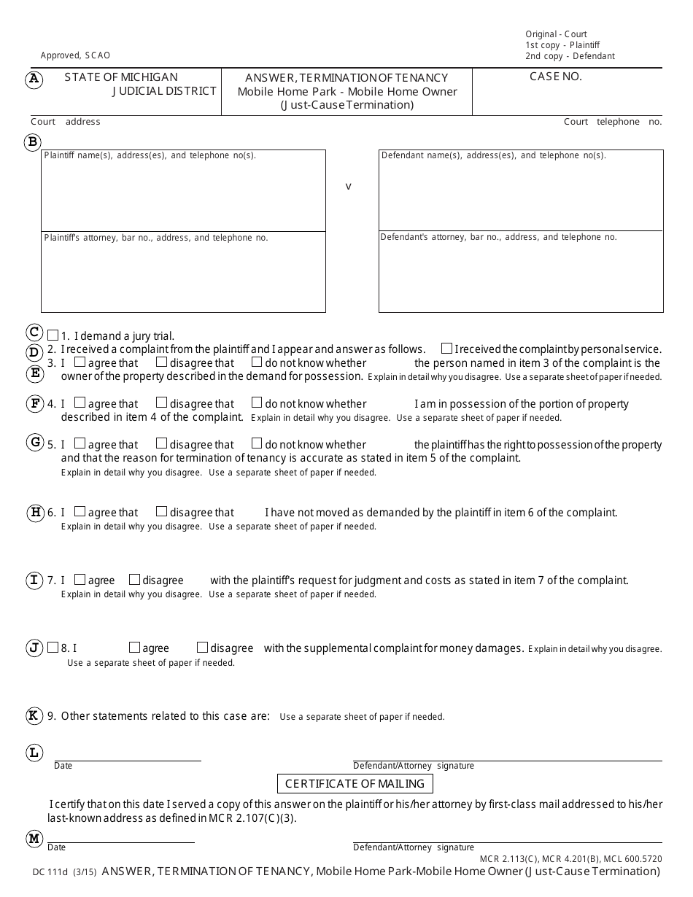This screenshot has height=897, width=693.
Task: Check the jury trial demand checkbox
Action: [x=53, y=336]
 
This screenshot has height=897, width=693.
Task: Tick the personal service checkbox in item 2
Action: [x=446, y=349]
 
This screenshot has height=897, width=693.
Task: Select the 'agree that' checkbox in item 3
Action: [x=80, y=362]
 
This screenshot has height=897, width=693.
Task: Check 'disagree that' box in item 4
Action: [x=162, y=403]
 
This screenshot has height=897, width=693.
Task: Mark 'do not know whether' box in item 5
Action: [x=257, y=443]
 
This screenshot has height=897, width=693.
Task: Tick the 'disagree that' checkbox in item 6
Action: [x=162, y=511]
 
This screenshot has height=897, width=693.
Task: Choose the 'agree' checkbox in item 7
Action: [x=80, y=580]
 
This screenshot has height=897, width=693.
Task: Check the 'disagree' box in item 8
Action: [x=202, y=648]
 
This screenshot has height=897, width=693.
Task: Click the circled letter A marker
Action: [x=34, y=79]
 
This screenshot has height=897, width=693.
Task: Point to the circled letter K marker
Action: [x=34, y=715]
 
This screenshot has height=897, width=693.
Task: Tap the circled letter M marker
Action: [x=34, y=839]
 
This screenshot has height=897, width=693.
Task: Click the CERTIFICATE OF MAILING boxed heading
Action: [x=355, y=784]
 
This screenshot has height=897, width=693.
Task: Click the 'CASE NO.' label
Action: [x=555, y=77]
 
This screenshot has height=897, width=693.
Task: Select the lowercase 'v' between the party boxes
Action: [x=348, y=187]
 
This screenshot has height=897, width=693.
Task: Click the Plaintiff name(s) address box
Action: [x=183, y=191]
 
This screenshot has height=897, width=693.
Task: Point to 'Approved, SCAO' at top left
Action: [x=75, y=55]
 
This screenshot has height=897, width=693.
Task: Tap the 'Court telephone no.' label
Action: [x=612, y=122]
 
